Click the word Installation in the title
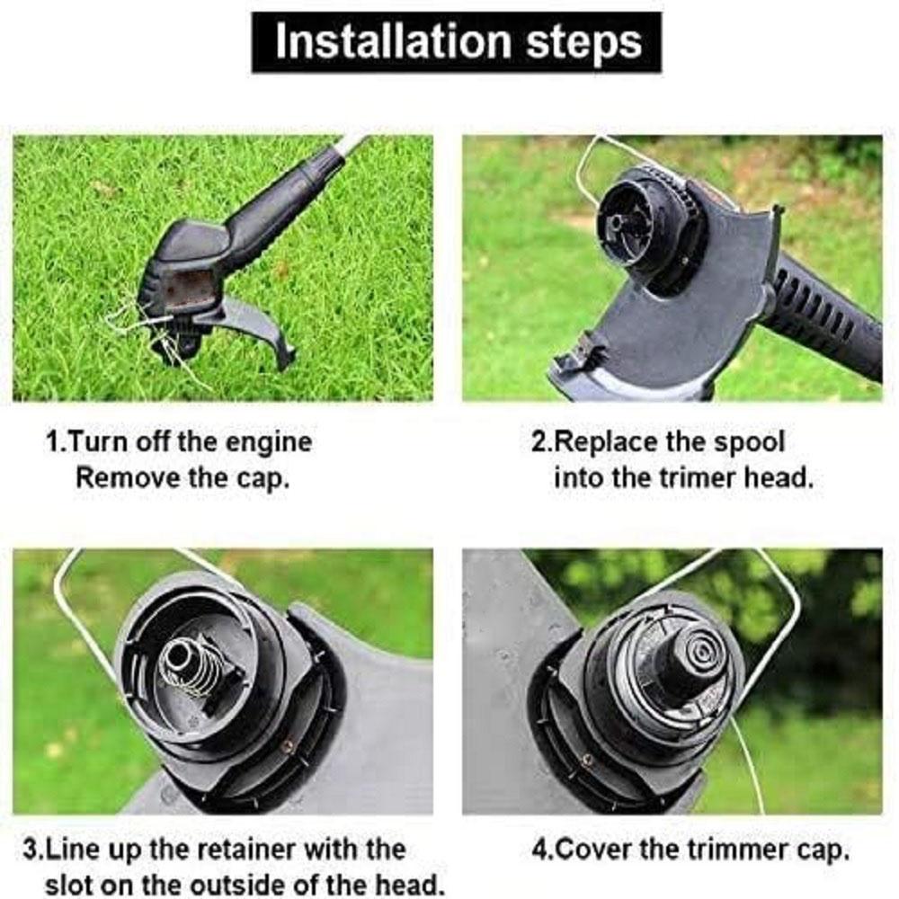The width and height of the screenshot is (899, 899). tap(393, 41)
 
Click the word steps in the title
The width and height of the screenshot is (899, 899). tap(583, 43)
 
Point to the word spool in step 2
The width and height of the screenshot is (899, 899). tap(748, 443)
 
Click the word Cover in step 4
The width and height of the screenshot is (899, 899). tap(592, 850)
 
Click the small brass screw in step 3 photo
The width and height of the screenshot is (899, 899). tap(288, 745)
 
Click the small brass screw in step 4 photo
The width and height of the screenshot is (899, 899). tap(586, 761)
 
